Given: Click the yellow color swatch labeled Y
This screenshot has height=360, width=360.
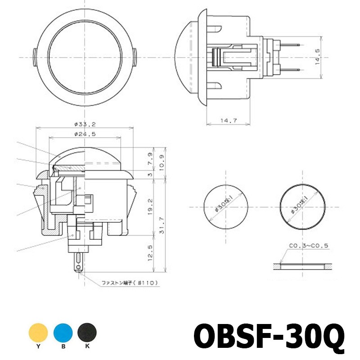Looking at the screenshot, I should (38, 333).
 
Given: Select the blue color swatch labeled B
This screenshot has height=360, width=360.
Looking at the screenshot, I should (63, 333).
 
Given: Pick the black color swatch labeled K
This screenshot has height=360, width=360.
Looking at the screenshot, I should (87, 333).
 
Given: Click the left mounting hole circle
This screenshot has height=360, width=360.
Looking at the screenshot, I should (225, 207).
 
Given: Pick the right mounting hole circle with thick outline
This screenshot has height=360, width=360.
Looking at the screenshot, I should (302, 207).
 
